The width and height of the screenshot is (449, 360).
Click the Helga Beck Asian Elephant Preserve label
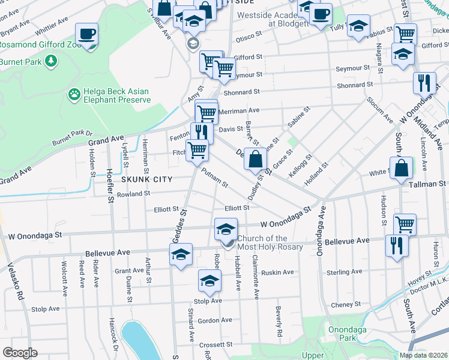(117, 95)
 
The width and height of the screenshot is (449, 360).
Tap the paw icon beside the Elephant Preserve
(74, 94)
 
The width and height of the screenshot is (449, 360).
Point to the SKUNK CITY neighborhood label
(147, 179)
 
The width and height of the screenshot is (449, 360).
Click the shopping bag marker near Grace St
(255, 160)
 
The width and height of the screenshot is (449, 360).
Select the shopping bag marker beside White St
(400, 169)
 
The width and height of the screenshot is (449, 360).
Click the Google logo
(20, 353)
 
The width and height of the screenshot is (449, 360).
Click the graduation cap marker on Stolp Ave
(209, 280)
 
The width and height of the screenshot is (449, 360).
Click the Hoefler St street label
(110, 180)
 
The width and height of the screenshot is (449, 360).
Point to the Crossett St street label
(216, 344)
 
